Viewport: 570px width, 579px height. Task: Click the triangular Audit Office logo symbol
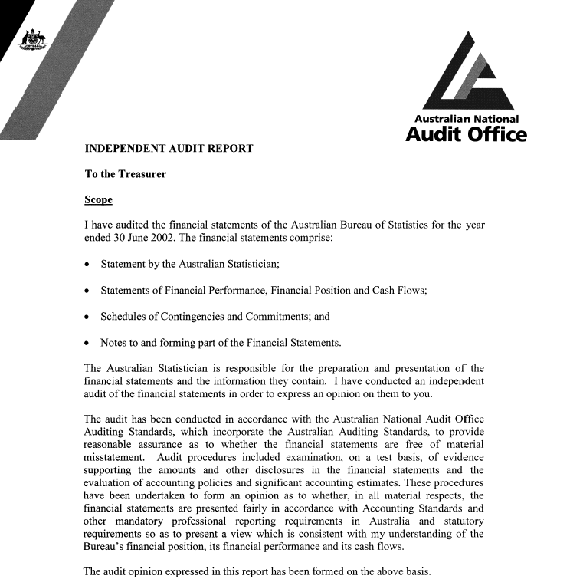[467, 74]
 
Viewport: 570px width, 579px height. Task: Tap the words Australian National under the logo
[467, 119]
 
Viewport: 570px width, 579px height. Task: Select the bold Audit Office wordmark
[466, 135]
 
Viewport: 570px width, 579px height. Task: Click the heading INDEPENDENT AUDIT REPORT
[169, 148]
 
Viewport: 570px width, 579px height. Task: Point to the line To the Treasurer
[125, 174]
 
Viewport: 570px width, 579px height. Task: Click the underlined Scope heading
[98, 200]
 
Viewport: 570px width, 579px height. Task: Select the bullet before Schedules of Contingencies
[89, 317]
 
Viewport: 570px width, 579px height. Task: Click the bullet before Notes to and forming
[89, 343]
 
